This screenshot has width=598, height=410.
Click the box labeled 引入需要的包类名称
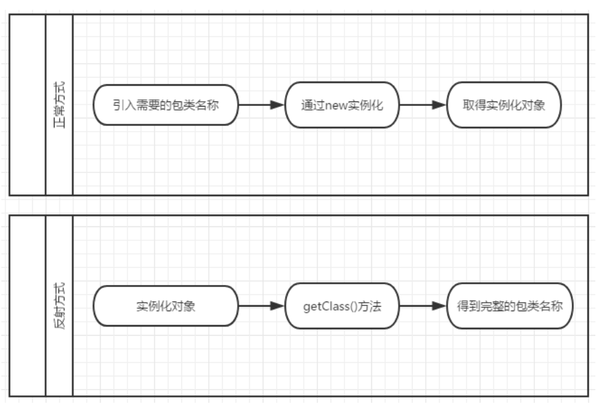(x=164, y=105)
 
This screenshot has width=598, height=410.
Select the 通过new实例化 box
(x=342, y=105)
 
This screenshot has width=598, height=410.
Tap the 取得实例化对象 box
(x=504, y=105)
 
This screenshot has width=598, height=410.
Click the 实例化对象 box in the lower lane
(x=164, y=306)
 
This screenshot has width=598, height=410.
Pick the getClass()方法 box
(x=342, y=306)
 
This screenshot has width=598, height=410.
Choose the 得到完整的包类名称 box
(x=509, y=306)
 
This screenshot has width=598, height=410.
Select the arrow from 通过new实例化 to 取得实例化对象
(x=422, y=105)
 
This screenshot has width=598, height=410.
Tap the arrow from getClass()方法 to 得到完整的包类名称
(x=422, y=306)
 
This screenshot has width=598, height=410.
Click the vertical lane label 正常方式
(x=59, y=105)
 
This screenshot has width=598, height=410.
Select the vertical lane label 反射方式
(x=59, y=307)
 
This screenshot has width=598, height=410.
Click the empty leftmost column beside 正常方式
(x=28, y=105)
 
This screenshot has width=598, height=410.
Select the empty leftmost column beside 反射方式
(x=28, y=307)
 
